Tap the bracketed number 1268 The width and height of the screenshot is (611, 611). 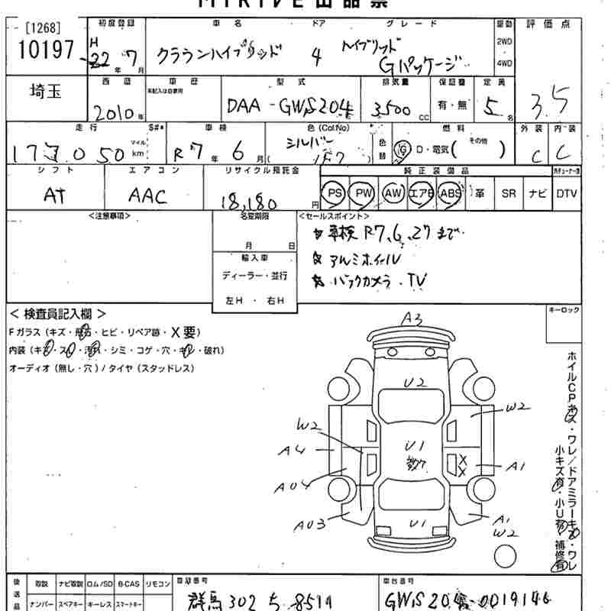pyautogui.click(x=41, y=29)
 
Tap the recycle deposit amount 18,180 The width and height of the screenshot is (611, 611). pyautogui.click(x=248, y=201)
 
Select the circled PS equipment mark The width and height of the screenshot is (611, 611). pyautogui.click(x=333, y=193)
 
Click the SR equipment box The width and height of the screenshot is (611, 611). pyautogui.click(x=509, y=193)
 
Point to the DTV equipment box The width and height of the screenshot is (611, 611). pyautogui.click(x=567, y=193)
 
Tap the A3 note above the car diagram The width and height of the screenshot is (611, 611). pyautogui.click(x=412, y=318)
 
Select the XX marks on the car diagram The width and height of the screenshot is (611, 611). pyautogui.click(x=462, y=463)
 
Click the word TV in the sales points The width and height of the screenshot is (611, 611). pyautogui.click(x=416, y=280)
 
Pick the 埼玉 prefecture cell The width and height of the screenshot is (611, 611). pyautogui.click(x=47, y=93)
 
